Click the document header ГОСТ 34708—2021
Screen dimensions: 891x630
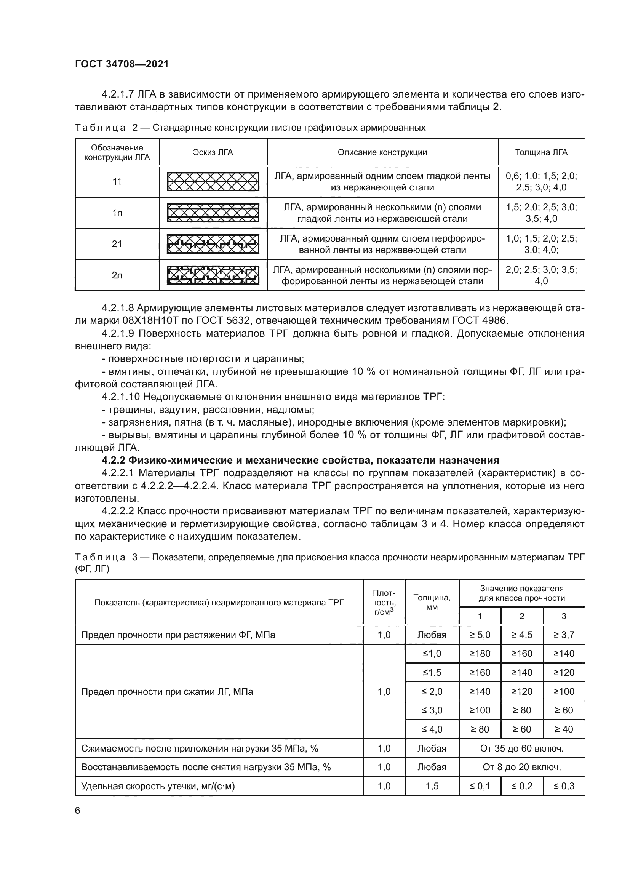pyautogui.click(x=122, y=64)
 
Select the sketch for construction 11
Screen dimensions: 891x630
pyautogui.click(x=213, y=182)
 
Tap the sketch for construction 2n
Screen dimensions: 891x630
pyautogui.click(x=213, y=275)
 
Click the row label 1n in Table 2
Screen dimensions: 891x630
pyautogui.click(x=117, y=213)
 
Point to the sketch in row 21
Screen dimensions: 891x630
pyautogui.click(x=213, y=244)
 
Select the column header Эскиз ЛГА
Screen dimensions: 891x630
pyautogui.click(x=213, y=152)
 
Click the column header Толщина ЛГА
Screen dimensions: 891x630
pyautogui.click(x=541, y=152)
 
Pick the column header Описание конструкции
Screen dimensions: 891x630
pyautogui.click(x=382, y=152)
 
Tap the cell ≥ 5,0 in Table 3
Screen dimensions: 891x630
pyautogui.click(x=480, y=635)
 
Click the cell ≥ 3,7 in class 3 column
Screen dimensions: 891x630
pyautogui.click(x=564, y=635)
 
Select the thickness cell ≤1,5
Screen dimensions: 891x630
pyautogui.click(x=432, y=672)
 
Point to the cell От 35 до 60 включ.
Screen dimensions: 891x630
pyautogui.click(x=521, y=748)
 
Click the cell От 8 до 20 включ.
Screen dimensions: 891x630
pyautogui.click(x=521, y=767)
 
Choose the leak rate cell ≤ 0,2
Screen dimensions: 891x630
pyautogui.click(x=522, y=786)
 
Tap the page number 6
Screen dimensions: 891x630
pyautogui.click(x=78, y=811)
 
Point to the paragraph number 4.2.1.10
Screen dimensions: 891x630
pyautogui.click(x=121, y=397)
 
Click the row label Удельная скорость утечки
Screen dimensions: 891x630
pyautogui.click(x=158, y=786)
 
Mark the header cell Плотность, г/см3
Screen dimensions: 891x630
pyautogui.click(x=384, y=602)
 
